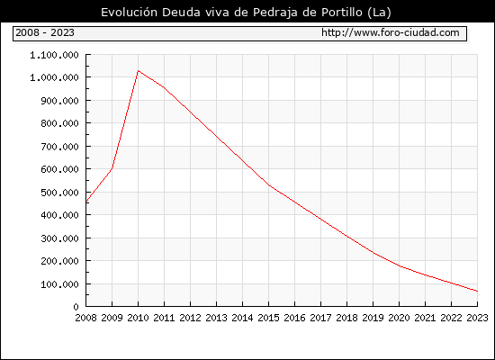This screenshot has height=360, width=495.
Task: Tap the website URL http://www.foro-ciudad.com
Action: coord(391,32)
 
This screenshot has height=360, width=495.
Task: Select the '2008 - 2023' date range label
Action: coord(45,32)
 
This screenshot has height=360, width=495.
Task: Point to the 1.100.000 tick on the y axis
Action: coord(54,55)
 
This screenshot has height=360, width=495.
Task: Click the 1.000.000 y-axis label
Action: coord(54,77)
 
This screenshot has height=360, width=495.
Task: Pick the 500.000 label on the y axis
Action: coord(59,193)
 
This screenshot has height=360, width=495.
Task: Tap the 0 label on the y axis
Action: coord(76,307)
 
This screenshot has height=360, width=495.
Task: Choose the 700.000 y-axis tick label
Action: coord(59,147)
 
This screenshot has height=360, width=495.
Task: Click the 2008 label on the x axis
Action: coord(85,318)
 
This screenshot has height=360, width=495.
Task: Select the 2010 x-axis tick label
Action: coord(138,318)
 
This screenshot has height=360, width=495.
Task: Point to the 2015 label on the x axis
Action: coord(269,318)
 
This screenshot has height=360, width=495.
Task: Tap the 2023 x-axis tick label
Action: coord(477,318)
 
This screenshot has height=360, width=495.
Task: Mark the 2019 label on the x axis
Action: coord(373,318)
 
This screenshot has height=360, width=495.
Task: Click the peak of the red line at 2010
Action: coord(138,71)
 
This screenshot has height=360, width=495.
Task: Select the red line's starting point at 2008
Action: coord(86,202)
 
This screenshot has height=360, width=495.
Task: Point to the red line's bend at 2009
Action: coord(112,168)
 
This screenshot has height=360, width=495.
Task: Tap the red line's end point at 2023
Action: coord(477,292)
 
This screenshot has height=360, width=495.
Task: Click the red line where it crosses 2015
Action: coord(269,185)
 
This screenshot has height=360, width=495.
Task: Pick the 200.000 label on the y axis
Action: coord(59,261)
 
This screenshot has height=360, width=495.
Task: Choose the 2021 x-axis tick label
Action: coord(425,318)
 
